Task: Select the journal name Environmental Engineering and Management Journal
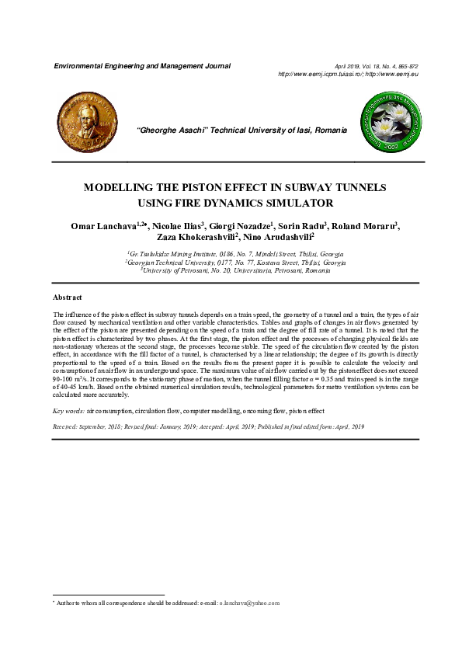[x=141, y=66]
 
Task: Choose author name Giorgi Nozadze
[x=240, y=226]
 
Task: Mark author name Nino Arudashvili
[x=278, y=237]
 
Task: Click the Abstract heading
[x=68, y=297]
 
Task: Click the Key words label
[x=68, y=409]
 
